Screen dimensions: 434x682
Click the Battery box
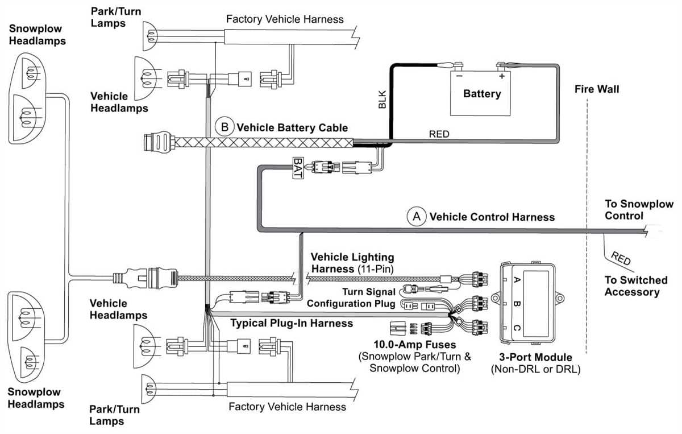[481, 93]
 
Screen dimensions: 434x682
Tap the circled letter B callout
[223, 127]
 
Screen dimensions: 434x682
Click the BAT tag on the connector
[297, 168]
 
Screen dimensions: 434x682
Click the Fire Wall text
[597, 89]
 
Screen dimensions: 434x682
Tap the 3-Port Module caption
[536, 357]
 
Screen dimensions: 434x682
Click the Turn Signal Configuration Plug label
[351, 297]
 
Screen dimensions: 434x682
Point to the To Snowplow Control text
[638, 210]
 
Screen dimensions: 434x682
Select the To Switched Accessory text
[635, 286]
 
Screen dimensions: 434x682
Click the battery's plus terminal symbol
[502, 75]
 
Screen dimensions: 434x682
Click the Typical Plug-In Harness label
[292, 323]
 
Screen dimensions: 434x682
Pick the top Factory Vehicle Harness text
[285, 19]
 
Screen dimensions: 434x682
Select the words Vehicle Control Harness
[492, 217]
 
